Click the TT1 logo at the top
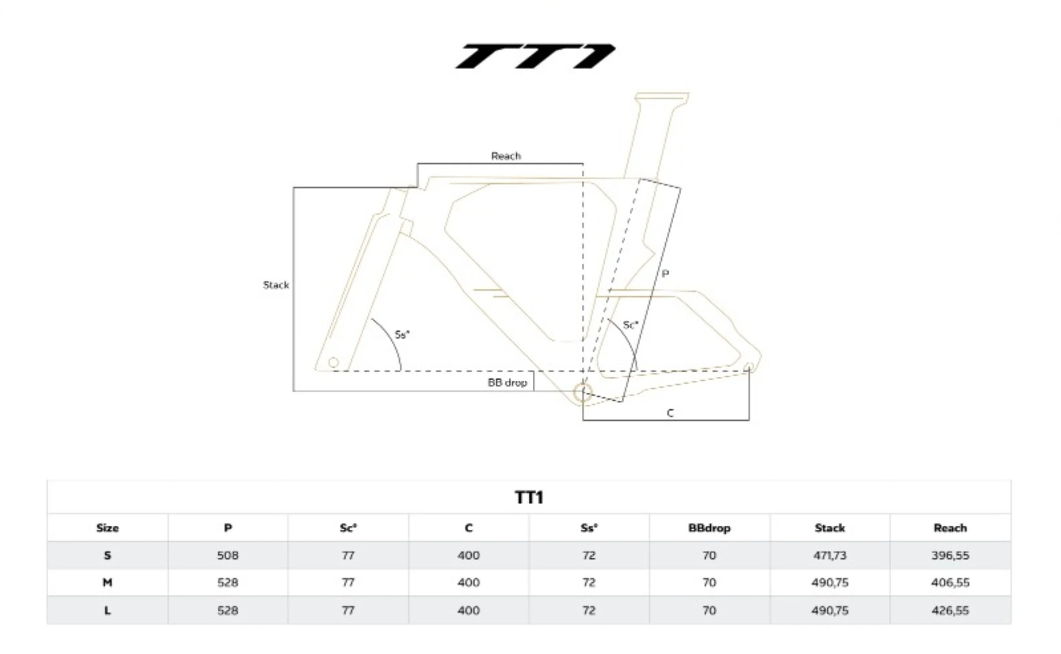[535, 56]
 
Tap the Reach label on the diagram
[506, 156]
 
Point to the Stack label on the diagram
[276, 285]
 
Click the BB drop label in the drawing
[507, 382]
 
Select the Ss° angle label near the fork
[402, 335]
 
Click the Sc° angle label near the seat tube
[630, 325]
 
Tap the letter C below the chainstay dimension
[670, 413]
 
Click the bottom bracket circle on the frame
[583, 393]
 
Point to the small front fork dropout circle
[334, 363]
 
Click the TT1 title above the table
[529, 497]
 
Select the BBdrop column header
[709, 528]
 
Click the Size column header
[107, 528]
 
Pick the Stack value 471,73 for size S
[829, 555]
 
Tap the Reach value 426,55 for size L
[950, 611]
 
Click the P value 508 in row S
[228, 555]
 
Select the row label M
[107, 583]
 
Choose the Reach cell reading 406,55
[950, 583]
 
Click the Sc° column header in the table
[348, 528]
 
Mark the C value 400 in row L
[469, 611]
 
